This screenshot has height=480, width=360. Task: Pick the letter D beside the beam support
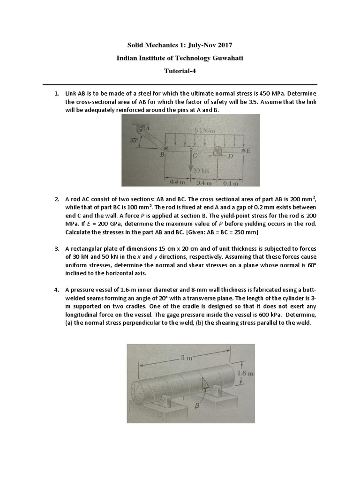tap(230, 156)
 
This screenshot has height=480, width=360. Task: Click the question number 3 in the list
tap(56, 248)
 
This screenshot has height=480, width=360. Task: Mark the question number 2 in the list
tap(56, 199)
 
